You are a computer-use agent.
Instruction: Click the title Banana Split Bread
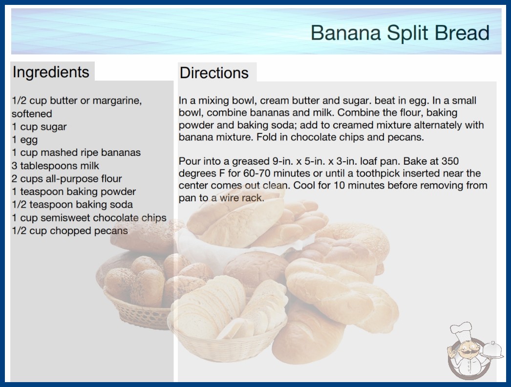[400, 33]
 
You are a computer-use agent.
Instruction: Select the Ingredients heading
[51, 72]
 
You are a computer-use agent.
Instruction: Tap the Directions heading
[214, 73]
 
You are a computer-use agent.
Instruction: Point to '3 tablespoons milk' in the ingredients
[55, 166]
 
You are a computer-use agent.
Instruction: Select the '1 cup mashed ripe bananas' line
[76, 152]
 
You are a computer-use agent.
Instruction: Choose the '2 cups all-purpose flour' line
[67, 179]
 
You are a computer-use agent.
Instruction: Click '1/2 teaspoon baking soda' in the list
[72, 204]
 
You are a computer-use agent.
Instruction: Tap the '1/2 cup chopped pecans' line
[70, 231]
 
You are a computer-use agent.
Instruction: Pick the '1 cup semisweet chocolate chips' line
[89, 217]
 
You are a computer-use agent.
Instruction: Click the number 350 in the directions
[450, 161]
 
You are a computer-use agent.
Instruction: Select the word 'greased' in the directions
[251, 161]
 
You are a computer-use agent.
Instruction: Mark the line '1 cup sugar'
[39, 127]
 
